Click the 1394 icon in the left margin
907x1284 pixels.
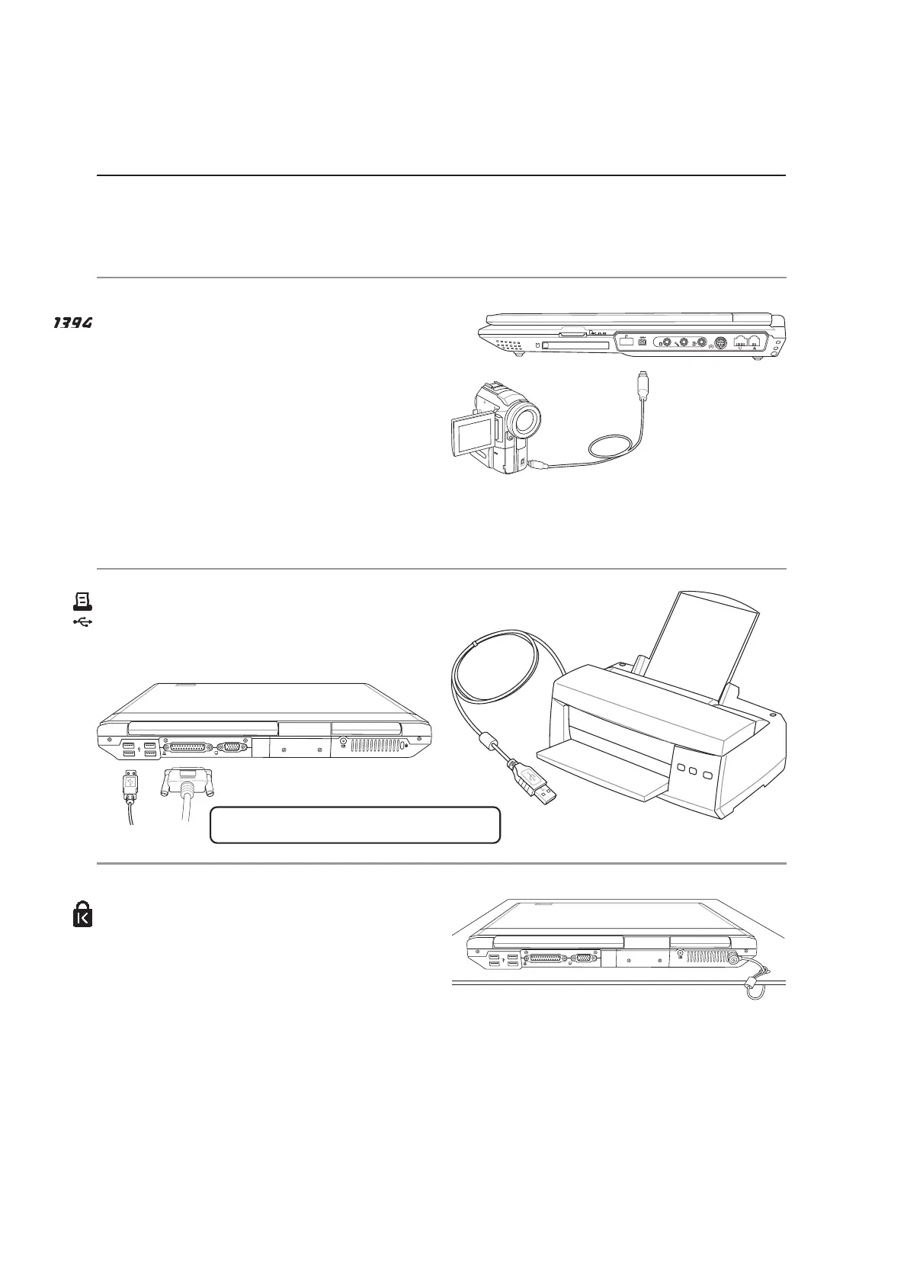click(x=72, y=324)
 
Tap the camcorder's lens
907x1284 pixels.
click(x=525, y=419)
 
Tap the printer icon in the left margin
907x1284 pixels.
click(x=82, y=602)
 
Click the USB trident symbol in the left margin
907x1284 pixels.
click(x=82, y=622)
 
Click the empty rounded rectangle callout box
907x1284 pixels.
click(x=354, y=825)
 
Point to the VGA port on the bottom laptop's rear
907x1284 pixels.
click(x=584, y=958)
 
